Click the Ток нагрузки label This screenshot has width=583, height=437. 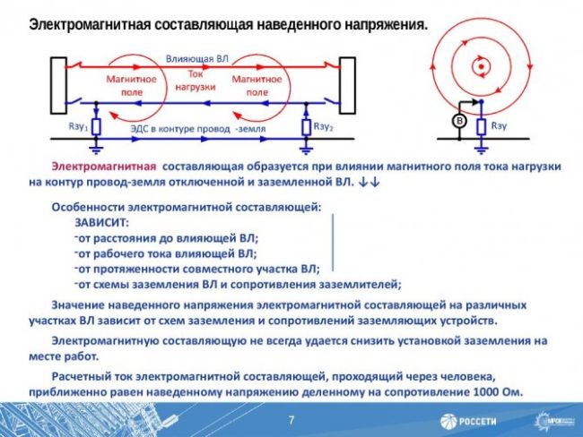196,82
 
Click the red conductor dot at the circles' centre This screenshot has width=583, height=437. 482,66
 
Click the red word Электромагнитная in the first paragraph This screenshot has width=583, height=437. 103,167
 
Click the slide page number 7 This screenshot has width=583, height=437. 291,420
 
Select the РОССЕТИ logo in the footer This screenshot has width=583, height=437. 468,421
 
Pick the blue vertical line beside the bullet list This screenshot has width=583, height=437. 333,244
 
